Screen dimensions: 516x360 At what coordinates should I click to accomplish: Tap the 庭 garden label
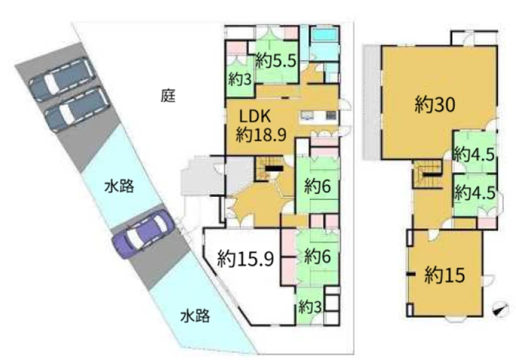168,95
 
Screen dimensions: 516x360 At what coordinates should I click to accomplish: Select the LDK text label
255,116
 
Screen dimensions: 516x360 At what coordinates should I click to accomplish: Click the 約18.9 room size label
261,134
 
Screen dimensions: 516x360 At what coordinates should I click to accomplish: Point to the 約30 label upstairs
435,105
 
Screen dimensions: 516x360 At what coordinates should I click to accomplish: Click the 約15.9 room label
246,258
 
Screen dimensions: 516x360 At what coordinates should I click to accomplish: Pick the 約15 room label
444,275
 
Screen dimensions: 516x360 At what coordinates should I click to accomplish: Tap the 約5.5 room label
276,61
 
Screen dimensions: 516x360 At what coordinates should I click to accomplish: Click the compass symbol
501,309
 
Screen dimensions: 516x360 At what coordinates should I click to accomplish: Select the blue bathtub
325,35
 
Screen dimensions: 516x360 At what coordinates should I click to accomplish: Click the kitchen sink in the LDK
308,115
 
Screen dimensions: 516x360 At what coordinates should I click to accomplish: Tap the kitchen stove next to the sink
331,115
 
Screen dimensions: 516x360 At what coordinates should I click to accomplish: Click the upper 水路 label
119,186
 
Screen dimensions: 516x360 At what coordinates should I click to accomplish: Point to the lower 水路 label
195,316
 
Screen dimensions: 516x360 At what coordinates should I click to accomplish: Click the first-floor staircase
267,168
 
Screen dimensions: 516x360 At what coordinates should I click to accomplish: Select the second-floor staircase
427,174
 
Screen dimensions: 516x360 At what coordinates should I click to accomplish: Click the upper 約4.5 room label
474,154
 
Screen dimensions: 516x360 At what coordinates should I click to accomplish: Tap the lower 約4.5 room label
475,192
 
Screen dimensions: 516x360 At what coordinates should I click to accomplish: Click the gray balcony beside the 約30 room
372,103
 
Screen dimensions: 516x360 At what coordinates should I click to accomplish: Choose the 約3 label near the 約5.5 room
240,79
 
